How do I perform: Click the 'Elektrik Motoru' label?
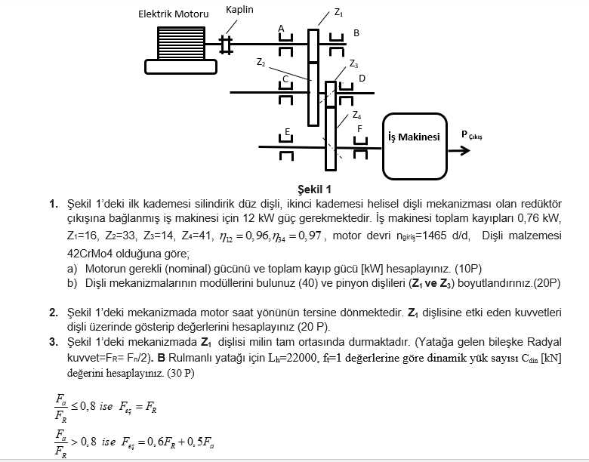pos(173,14)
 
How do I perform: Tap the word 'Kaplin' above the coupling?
pos(239,10)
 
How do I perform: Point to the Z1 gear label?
pos(338,13)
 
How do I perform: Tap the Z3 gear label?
pos(353,63)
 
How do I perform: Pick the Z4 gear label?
pos(356,115)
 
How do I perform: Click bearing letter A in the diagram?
pos(281,29)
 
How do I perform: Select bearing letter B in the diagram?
pos(356,32)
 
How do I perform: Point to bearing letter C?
pos(285,79)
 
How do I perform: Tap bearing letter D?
pos(362,78)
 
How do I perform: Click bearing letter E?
pos(287,133)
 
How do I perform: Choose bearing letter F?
pos(359,129)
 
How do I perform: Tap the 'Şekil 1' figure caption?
pos(315,189)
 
